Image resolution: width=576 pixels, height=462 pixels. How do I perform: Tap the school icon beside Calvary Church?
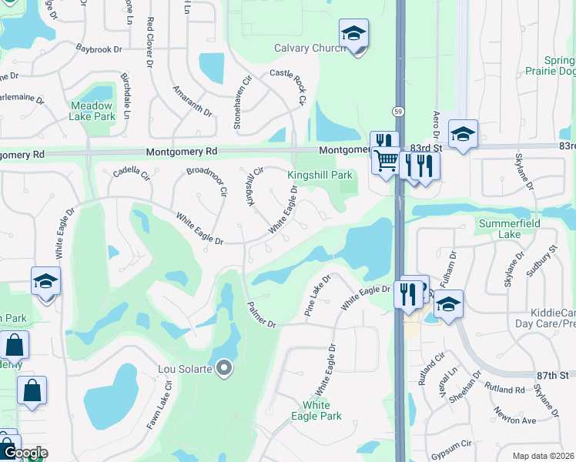pos(353,34)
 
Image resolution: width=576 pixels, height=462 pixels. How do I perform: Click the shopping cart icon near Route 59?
pos(387,161)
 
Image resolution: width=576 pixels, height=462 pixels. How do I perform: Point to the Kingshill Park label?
pos(320,176)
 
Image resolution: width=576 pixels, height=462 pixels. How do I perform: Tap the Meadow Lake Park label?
pos(92,111)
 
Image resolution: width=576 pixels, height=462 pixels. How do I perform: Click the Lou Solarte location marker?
pos(225,369)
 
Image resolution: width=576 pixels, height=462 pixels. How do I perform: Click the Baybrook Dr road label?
pos(99,49)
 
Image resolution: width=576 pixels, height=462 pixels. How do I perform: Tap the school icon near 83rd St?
pos(464,134)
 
